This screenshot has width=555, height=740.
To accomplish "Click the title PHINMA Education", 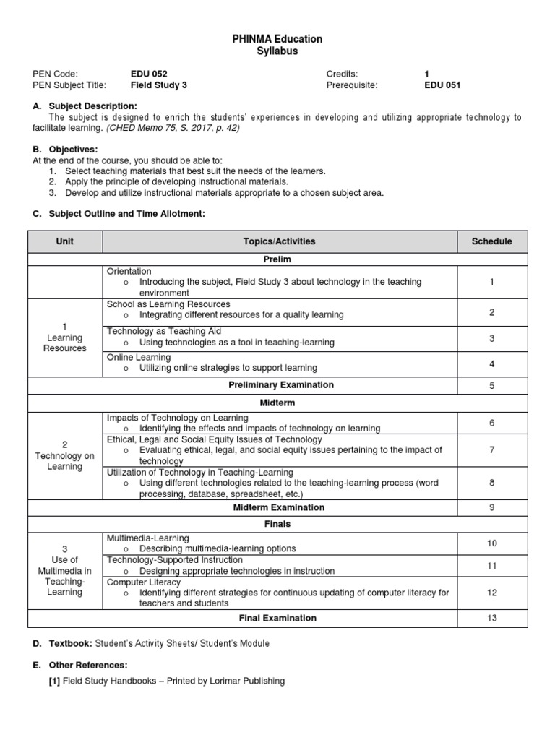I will point(278,39).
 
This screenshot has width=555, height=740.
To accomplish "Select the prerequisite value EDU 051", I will point(442,85).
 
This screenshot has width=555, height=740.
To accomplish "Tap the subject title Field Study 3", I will point(158,85).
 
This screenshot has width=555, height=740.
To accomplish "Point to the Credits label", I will point(343,74).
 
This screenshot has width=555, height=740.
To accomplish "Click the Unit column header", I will point(65,241).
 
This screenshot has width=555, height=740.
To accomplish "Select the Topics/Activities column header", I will point(280,241).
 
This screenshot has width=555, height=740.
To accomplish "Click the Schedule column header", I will point(491,241).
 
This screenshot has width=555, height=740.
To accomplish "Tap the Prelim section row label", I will point(278,259).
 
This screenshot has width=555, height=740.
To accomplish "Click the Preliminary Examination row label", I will point(281,385).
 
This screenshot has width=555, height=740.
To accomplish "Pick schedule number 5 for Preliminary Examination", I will point(491,386).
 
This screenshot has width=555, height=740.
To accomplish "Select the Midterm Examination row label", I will point(278,507).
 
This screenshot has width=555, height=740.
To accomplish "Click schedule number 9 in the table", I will point(491,507).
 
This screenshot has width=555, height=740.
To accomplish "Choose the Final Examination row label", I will point(277,618).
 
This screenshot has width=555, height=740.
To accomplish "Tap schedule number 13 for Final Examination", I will point(491,618).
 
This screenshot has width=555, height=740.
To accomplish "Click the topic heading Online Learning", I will point(139,357).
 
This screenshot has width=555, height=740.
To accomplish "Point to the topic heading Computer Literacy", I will point(144,582).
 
